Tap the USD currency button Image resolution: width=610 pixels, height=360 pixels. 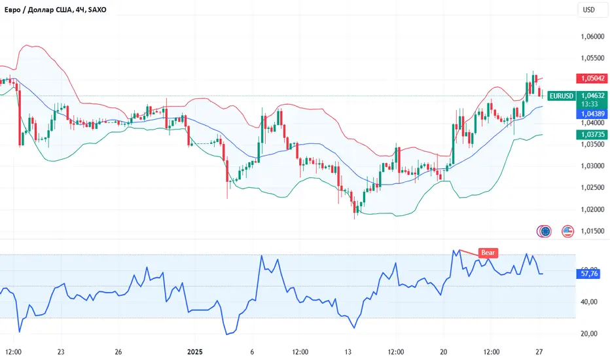tap(588, 10)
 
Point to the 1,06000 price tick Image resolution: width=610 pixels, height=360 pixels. tap(591, 37)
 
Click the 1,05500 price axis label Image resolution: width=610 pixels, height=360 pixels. tap(591, 58)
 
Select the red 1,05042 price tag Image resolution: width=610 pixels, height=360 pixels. tap(591, 78)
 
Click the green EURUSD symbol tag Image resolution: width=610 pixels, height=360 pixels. tap(562, 96)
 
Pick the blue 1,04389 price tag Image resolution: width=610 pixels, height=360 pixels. tap(591, 114)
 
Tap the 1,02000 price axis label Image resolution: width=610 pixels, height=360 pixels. tap(591, 209)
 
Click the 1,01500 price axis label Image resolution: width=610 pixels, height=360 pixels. tap(591, 230)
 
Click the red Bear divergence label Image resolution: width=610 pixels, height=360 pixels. tap(488, 252)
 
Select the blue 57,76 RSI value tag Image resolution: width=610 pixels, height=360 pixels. tap(591, 274)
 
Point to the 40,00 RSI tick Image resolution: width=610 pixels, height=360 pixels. tap(590, 302)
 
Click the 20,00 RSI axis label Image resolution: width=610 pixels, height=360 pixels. tap(590, 334)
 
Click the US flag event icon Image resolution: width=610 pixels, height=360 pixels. tap(567, 230)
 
